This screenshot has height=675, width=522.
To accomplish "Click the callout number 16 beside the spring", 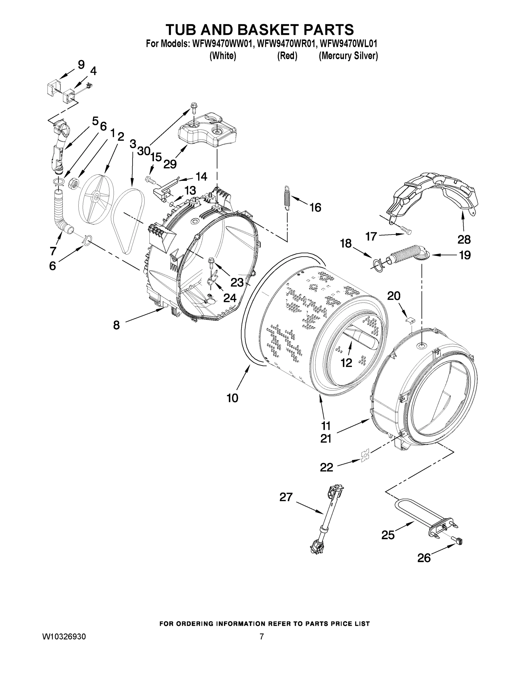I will coord(315,207).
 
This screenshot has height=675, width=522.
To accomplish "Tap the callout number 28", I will coord(464,239).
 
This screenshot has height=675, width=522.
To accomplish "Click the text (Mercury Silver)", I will coord(348,56).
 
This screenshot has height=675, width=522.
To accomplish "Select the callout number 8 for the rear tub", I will coord(116,325).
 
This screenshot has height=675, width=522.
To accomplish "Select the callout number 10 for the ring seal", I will coord(232,398).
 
